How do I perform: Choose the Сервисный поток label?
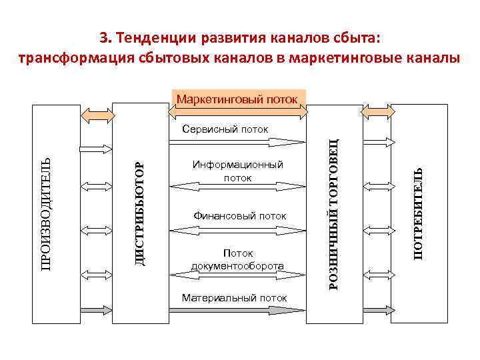[x=225, y=129]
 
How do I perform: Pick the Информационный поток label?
[x=237, y=171]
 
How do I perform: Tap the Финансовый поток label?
[x=239, y=216]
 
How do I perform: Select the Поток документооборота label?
[x=237, y=259]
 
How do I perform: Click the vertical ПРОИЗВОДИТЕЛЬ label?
[x=45, y=213]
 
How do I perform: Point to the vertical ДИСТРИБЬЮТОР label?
[x=139, y=213]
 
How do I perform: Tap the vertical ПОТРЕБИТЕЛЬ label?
[x=417, y=213]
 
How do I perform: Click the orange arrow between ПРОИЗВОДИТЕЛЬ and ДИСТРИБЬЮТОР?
[x=97, y=114]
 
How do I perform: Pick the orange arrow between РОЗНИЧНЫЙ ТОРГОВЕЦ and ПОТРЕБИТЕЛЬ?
[x=377, y=114]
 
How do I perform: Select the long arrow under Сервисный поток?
[x=237, y=141]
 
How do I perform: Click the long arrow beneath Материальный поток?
[x=237, y=310]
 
